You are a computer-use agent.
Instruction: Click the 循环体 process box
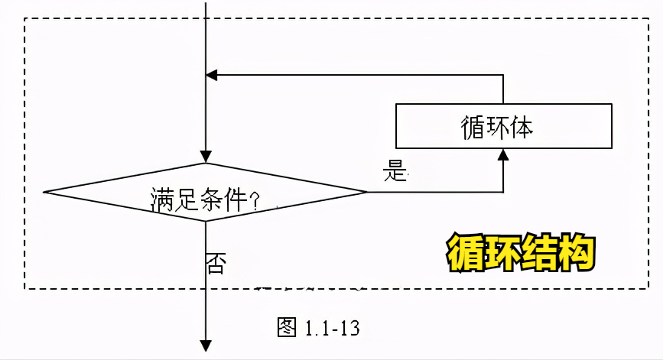tap(503, 125)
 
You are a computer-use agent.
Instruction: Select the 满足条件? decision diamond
tap(205, 193)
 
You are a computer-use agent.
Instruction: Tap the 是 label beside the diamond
tap(395, 172)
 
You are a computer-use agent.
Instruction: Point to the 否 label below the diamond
tap(215, 264)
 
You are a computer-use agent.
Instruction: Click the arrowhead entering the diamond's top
tap(206, 157)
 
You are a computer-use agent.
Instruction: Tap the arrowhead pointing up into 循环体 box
tap(503, 154)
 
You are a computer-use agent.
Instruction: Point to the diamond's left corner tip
tap(46, 192)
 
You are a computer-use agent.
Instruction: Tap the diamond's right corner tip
tap(366, 192)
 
